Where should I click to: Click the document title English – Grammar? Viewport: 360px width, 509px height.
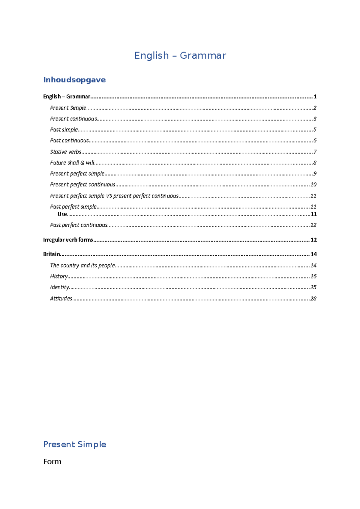(180, 55)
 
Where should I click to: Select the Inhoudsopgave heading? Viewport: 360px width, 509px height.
(74, 80)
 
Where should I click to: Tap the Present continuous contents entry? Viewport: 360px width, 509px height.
(73, 119)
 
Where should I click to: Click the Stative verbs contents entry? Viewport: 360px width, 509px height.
(66, 152)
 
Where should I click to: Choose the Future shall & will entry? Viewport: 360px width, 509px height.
(72, 163)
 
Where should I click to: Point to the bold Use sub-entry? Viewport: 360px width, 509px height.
(62, 214)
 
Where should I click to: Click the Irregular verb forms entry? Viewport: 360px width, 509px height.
(68, 240)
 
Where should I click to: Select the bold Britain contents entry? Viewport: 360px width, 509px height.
(52, 254)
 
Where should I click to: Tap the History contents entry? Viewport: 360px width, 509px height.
(59, 276)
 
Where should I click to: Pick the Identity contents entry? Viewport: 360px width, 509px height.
(59, 287)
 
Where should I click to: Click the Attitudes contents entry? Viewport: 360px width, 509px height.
(61, 299)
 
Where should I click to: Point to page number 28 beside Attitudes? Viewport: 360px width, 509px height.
(313, 299)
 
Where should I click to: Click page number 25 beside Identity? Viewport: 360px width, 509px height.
(313, 287)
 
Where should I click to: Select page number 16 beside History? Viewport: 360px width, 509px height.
(313, 276)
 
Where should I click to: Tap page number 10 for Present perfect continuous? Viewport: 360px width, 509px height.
(313, 185)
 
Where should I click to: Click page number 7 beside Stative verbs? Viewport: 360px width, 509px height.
(315, 152)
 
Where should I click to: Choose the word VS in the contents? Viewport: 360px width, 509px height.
(109, 196)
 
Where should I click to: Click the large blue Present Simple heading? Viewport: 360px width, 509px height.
(75, 444)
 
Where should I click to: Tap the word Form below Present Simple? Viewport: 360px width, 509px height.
(52, 462)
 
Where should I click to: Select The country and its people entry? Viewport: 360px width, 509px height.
(82, 265)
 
